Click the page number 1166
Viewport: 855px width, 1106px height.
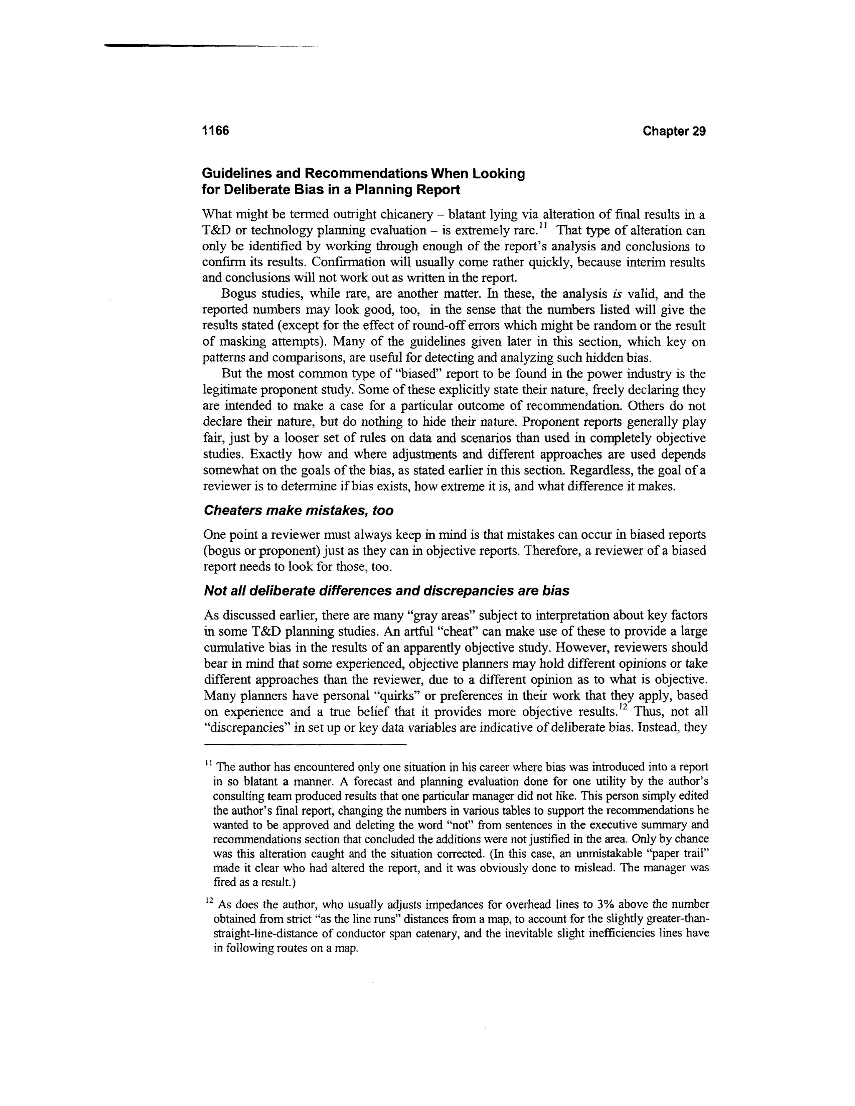(216, 131)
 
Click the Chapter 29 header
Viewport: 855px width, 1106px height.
(674, 131)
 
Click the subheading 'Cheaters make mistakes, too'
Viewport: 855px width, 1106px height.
(298, 510)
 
